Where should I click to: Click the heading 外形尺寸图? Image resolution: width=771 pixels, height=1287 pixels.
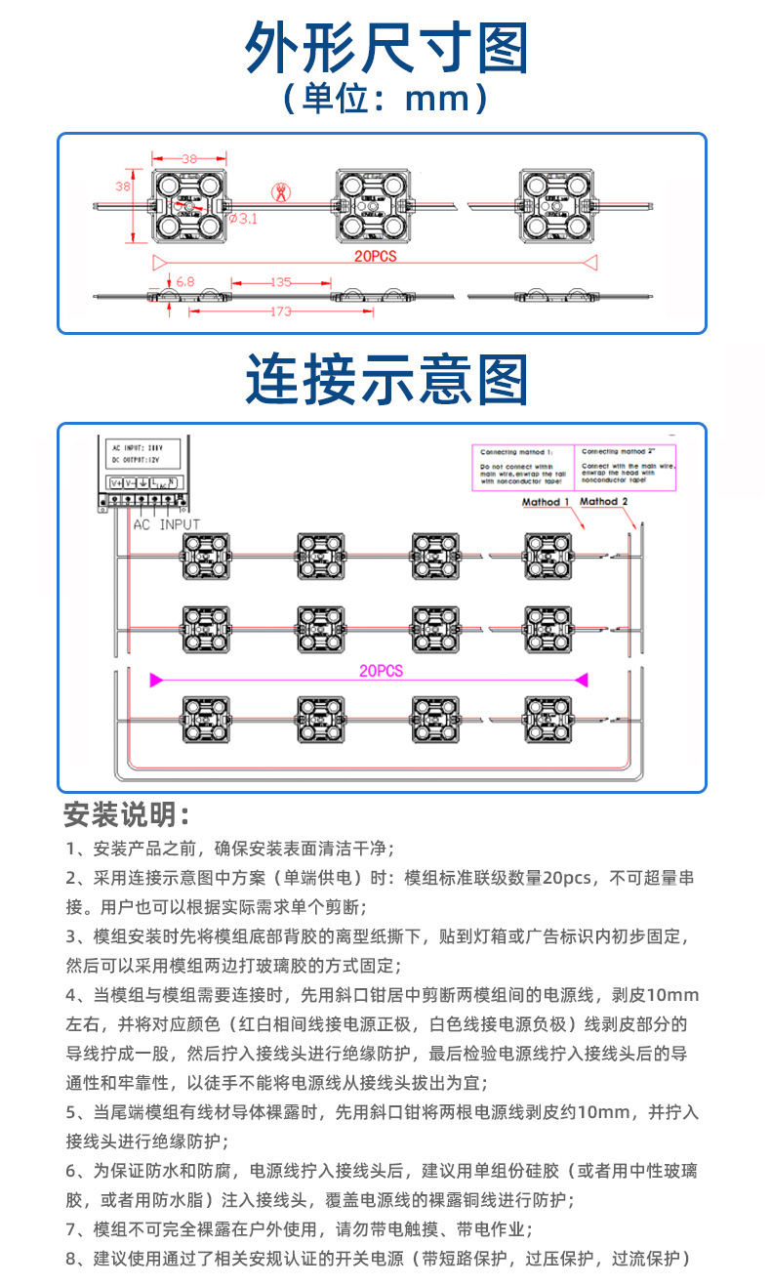tap(385, 47)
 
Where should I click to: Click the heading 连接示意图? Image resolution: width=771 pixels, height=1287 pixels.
tap(385, 379)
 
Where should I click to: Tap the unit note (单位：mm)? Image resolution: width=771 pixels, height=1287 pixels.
tap(385, 99)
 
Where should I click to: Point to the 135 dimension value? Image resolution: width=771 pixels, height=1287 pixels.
tap(281, 282)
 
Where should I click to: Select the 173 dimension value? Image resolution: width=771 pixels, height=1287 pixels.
tap(281, 312)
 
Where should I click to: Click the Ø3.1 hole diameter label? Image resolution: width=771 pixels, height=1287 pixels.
tap(242, 219)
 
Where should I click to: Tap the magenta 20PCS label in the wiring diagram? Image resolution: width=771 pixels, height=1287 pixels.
tap(381, 672)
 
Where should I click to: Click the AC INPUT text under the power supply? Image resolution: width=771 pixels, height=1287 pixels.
tap(166, 524)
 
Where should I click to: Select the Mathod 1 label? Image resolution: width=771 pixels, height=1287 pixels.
tap(545, 502)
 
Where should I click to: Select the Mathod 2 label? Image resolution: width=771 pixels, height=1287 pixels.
tap(604, 502)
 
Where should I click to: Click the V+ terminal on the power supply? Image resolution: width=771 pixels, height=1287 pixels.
tap(116, 482)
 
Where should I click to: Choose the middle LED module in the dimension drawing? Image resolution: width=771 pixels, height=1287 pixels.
tap(370, 204)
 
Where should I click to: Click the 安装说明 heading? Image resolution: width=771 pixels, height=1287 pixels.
tap(126, 813)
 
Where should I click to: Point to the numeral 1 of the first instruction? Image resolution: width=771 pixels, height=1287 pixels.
tap(71, 847)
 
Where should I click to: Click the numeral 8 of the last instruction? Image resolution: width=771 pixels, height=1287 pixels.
tap(71, 1258)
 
